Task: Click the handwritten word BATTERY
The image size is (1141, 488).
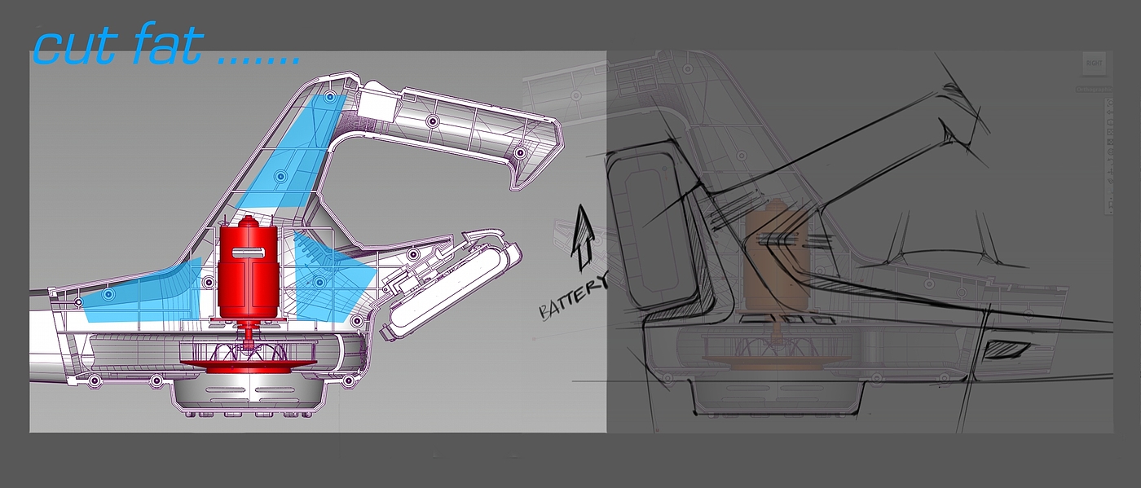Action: (572, 297)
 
